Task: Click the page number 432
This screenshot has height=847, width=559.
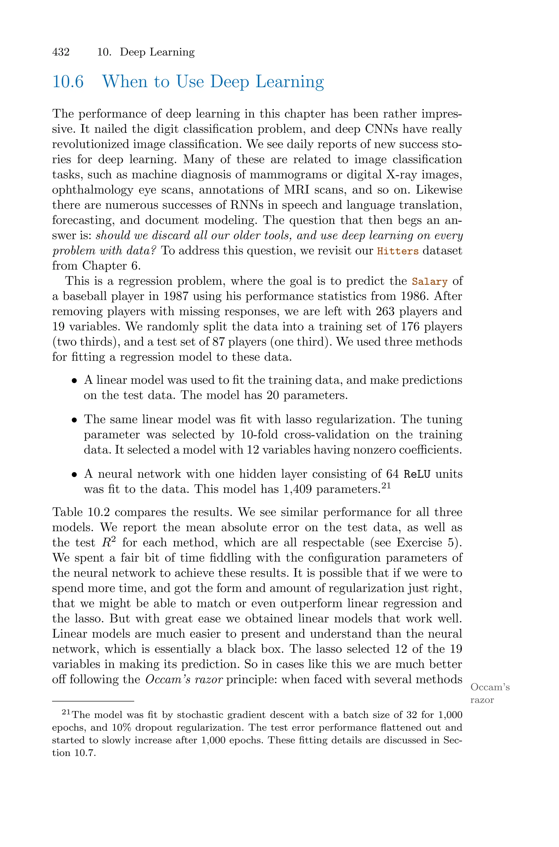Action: coord(61,52)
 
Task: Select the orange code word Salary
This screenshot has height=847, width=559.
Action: coord(430,282)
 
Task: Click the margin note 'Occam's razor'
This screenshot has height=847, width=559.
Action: coord(490,693)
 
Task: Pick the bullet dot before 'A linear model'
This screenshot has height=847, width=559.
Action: coord(74,381)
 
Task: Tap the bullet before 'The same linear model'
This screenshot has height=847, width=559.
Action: coord(74,420)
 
